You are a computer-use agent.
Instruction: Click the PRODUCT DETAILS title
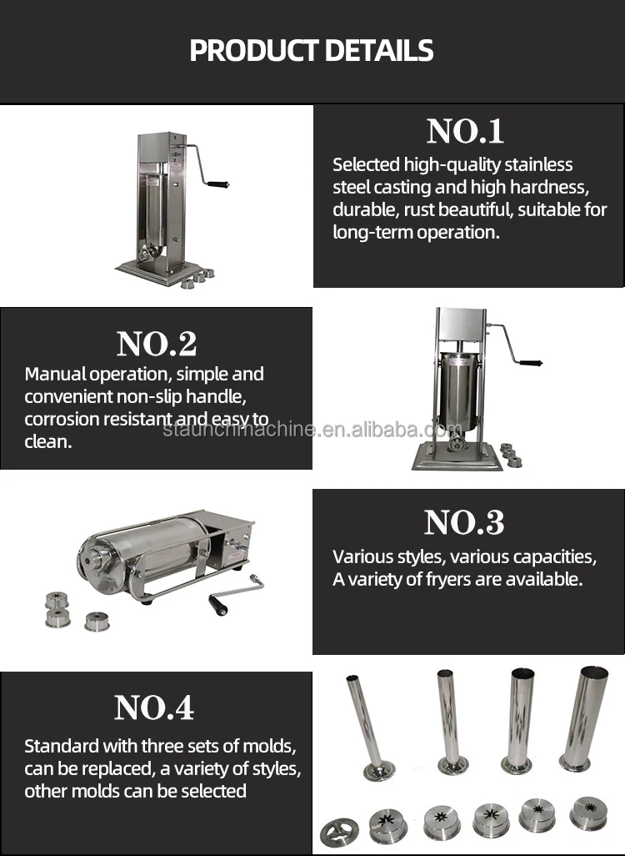point(312,51)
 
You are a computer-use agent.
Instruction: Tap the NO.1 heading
point(465,132)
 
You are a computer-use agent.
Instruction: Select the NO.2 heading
point(156,343)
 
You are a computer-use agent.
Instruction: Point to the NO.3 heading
point(464,522)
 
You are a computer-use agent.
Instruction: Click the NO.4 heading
point(154,707)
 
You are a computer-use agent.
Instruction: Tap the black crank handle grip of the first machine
point(218,183)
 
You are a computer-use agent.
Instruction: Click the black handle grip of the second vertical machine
point(530,363)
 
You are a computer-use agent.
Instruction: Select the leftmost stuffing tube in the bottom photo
point(367,726)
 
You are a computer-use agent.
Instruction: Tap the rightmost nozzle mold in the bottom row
point(588,813)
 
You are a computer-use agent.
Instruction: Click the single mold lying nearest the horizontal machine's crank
point(97,621)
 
